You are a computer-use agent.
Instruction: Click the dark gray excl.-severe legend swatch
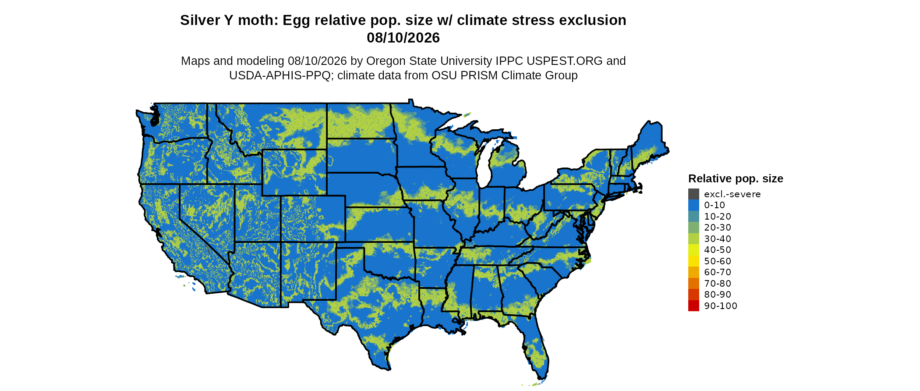[694, 194]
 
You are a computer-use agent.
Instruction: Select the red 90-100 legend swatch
[694, 306]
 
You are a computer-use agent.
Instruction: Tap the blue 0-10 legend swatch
[694, 205]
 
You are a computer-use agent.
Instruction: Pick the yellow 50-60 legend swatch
[694, 261]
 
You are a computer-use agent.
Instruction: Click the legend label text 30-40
[718, 239]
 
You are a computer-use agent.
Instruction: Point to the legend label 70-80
[718, 284]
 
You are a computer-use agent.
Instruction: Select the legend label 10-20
[718, 217]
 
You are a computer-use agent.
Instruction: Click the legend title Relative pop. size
[736, 179]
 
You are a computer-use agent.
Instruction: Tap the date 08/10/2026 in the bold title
[403, 38]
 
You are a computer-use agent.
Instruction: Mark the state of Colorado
[313, 219]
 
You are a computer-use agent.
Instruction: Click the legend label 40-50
[718, 250]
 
